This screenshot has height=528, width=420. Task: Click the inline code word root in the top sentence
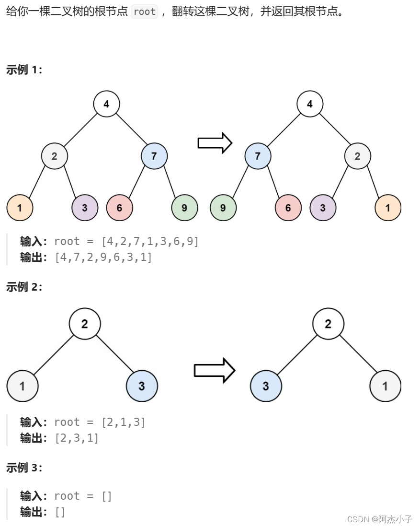pyautogui.click(x=145, y=12)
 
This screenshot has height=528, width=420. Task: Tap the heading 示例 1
pyautogui.click(x=24, y=70)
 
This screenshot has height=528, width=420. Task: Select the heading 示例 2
pyautogui.click(x=24, y=287)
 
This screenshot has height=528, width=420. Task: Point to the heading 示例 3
pyautogui.click(x=24, y=468)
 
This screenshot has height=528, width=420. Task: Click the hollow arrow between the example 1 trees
pyautogui.click(x=215, y=143)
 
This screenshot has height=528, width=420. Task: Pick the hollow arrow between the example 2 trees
pyautogui.click(x=214, y=370)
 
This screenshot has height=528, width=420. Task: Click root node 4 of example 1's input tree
pyautogui.click(x=106, y=104)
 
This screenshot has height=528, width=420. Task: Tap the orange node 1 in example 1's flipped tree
pyautogui.click(x=388, y=208)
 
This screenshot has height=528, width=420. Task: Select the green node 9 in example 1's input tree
pyautogui.click(x=185, y=208)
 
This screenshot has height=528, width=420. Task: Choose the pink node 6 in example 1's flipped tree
pyautogui.click(x=288, y=208)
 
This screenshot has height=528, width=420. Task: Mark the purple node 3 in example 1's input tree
pyautogui.click(x=85, y=208)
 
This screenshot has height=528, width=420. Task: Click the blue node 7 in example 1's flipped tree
pyautogui.click(x=258, y=156)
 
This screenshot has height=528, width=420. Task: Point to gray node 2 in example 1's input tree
pyautogui.click(x=54, y=156)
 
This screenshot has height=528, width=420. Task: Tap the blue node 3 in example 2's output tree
pyautogui.click(x=266, y=386)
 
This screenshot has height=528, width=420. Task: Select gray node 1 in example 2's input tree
pyautogui.click(x=23, y=386)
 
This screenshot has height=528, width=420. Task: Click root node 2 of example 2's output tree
pyautogui.click(x=328, y=324)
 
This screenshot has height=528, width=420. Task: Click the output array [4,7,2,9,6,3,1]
pyautogui.click(x=103, y=258)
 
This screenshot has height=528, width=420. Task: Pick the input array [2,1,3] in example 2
pyautogui.click(x=124, y=422)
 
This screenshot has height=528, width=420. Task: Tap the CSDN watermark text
pyautogui.click(x=379, y=519)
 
